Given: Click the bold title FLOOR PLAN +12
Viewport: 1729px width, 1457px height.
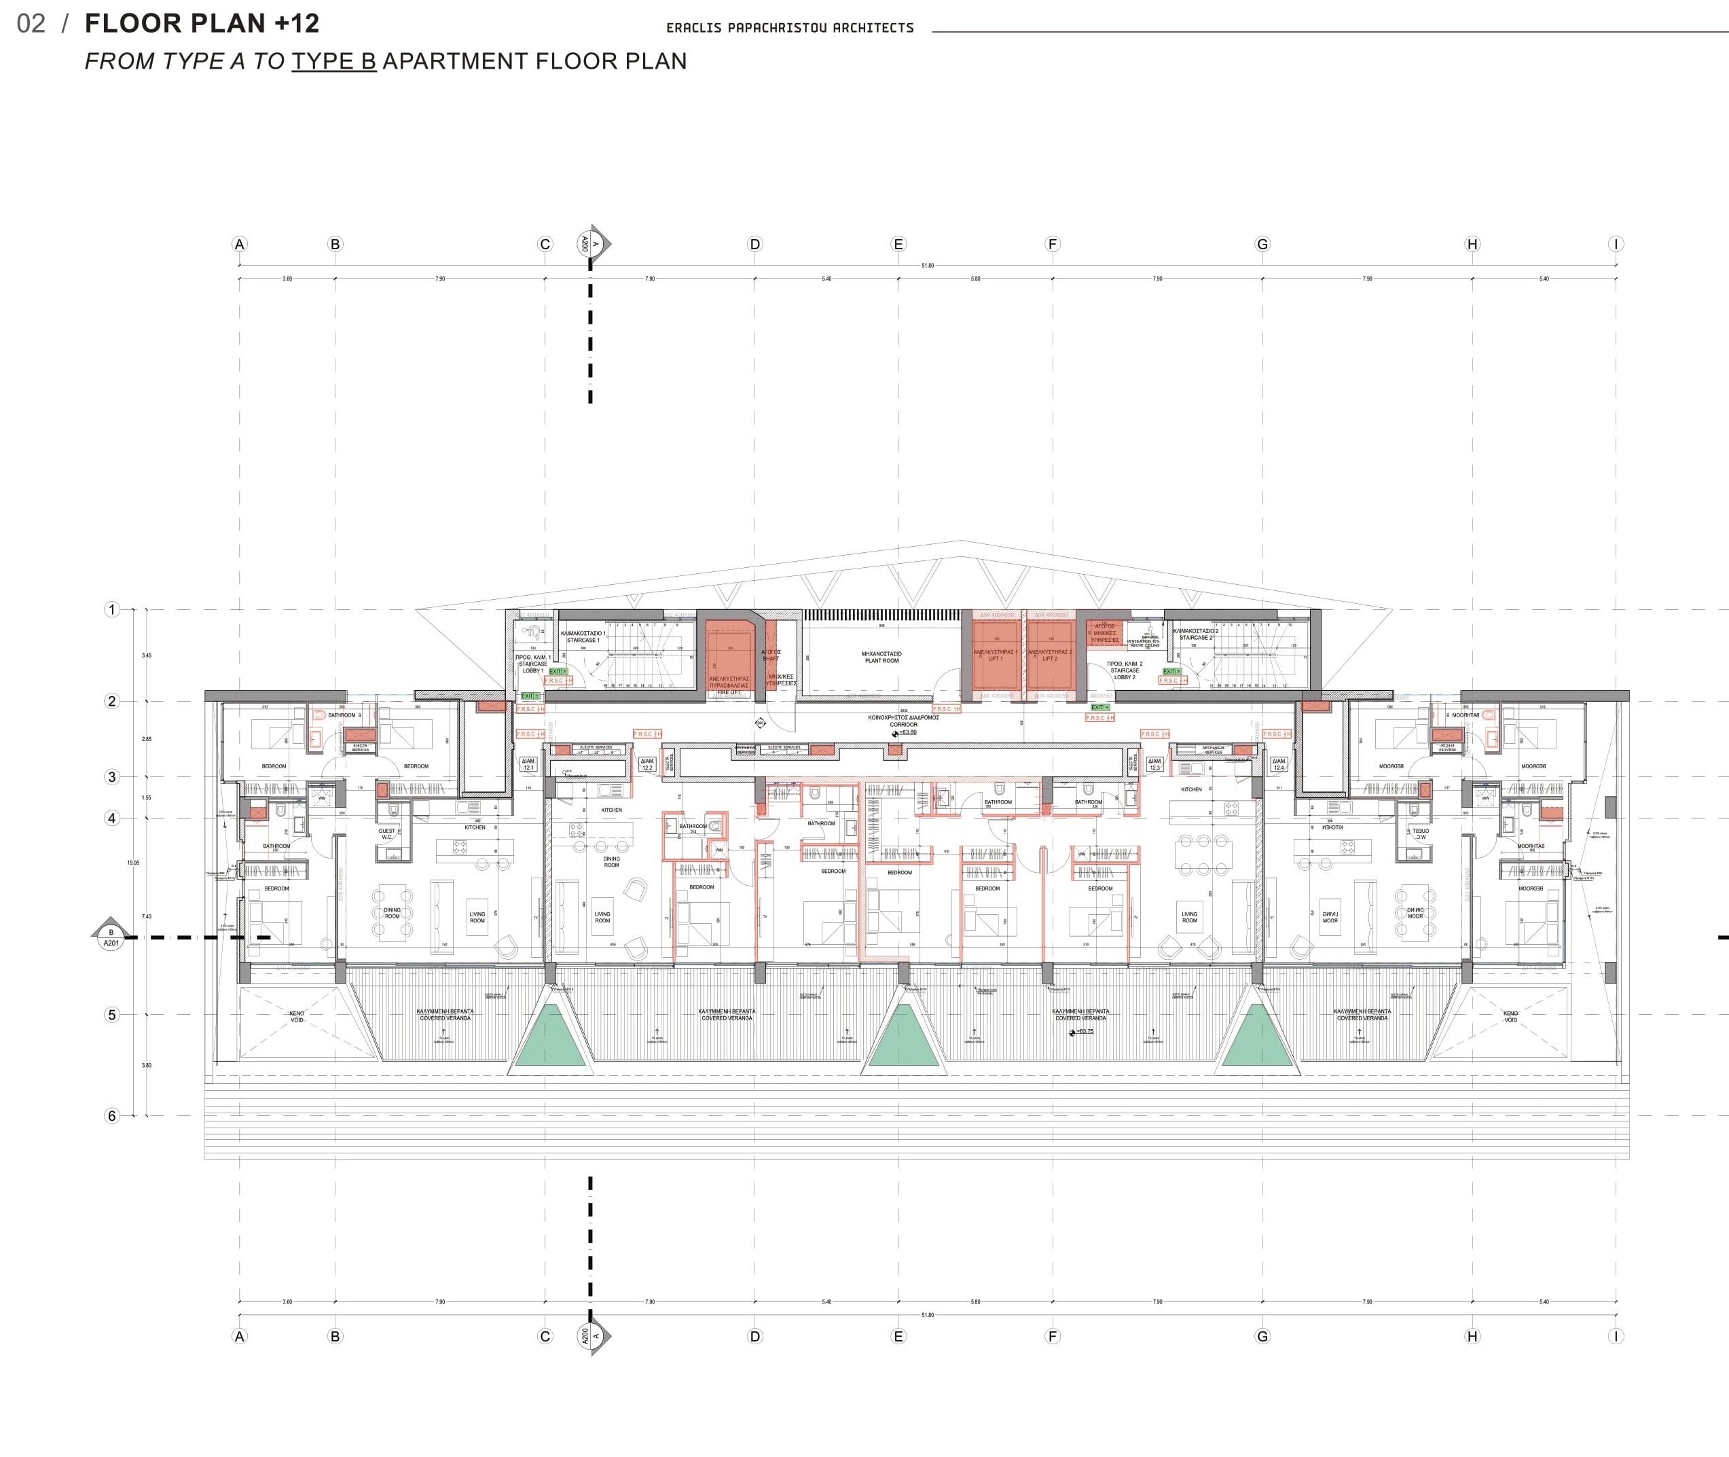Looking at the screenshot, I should [x=202, y=24].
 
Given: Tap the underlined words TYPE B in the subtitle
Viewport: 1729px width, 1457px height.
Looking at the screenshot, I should [x=333, y=61].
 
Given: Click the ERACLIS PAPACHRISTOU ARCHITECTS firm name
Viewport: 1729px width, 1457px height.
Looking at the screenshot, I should [x=789, y=28].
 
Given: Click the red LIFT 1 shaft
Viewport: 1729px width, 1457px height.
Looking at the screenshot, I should [x=995, y=655].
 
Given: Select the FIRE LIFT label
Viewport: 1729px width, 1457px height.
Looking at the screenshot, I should [x=729, y=692].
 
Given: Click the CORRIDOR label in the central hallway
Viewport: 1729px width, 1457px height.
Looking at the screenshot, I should [x=903, y=724].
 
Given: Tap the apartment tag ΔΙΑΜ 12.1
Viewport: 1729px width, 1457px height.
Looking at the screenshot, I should [x=528, y=764].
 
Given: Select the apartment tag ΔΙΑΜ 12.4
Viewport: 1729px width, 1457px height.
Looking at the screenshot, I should [x=1279, y=764].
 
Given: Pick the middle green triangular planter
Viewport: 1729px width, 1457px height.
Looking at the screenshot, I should [x=904, y=1037].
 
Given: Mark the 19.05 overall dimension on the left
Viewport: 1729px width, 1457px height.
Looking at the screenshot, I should [x=133, y=862].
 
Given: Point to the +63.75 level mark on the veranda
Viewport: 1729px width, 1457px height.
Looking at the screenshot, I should [x=1084, y=1032].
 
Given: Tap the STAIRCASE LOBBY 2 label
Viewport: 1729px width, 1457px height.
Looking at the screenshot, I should [x=1125, y=670].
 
